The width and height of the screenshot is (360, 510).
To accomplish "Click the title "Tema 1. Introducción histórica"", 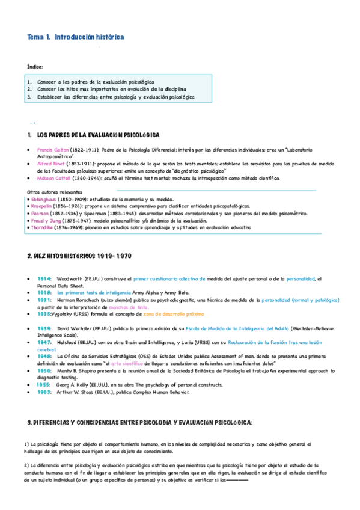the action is click(x=76, y=37).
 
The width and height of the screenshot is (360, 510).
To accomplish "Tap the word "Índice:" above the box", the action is click(x=35, y=66).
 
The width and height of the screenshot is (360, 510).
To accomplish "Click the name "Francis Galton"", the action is click(x=53, y=149).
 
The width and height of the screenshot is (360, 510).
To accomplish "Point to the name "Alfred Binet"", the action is click(x=50, y=164).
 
